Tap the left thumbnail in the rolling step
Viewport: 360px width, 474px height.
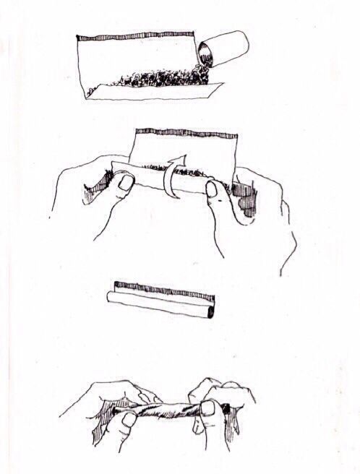125,183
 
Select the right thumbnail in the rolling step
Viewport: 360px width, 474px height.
212,189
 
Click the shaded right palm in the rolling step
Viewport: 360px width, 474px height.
247,199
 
